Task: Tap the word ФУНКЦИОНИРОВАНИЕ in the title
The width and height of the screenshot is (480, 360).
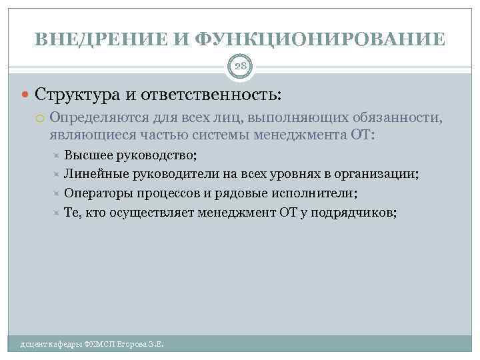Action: pyautogui.click(x=321, y=39)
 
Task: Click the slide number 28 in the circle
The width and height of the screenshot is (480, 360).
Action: pyautogui.click(x=240, y=65)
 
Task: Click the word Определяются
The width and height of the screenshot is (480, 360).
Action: pyautogui.click(x=99, y=118)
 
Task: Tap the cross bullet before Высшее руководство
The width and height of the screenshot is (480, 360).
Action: pyautogui.click(x=56, y=157)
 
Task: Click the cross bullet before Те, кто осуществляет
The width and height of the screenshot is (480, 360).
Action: pyautogui.click(x=56, y=213)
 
